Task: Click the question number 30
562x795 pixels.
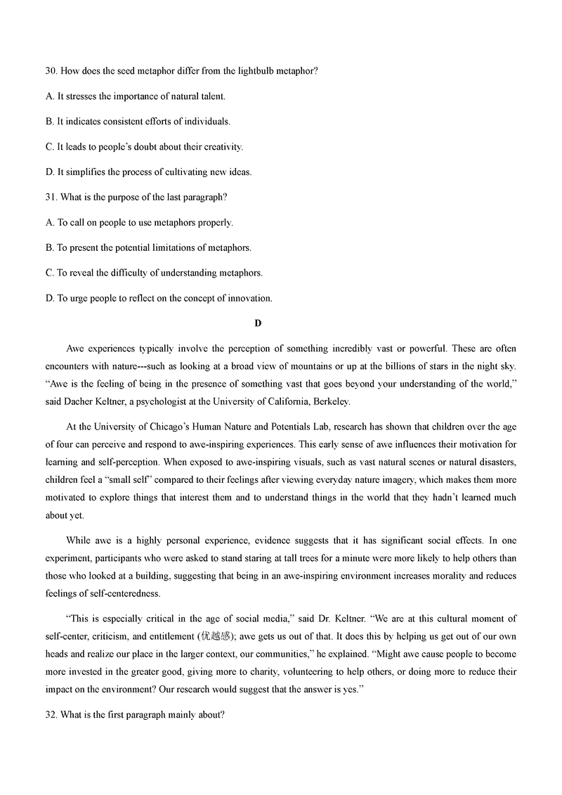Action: [x=51, y=71]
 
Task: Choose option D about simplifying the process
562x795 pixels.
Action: [x=148, y=172]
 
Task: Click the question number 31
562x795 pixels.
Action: [x=51, y=198]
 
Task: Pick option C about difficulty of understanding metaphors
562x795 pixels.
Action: [x=154, y=273]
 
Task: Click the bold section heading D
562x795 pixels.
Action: [x=258, y=323]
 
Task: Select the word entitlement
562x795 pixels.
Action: [x=173, y=635]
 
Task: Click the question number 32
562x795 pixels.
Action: [x=51, y=715]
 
